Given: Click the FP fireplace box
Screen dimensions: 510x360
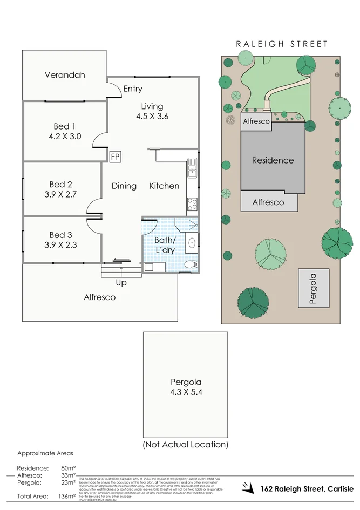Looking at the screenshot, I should coord(114,157).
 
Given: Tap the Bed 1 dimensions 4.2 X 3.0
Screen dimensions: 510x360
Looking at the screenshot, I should coord(65,137).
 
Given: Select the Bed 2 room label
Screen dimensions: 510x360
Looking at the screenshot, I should coord(60,185).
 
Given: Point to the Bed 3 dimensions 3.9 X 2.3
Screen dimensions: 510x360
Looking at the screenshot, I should coord(60,245).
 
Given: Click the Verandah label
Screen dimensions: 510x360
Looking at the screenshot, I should coord(65,75).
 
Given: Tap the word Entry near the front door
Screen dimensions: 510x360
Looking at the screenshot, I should coord(133,89).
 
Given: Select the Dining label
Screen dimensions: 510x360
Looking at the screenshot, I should coord(124,186).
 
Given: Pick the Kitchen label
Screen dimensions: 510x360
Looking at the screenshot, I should coord(164,186).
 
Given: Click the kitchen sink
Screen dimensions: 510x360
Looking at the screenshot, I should coord(192,171).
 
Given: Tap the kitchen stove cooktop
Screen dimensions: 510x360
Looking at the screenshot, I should coord(192,204).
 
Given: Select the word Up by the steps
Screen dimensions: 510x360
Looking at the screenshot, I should coord(121,282).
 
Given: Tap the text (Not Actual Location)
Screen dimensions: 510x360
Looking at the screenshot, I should coord(185,444).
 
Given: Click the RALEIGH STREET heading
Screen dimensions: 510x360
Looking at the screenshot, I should coord(281,44).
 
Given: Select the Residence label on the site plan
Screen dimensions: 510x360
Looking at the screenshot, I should coord(273,160).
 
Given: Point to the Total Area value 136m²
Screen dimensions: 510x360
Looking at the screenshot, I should coord(67,495).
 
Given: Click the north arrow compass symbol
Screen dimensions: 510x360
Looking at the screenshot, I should coord(248,487).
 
